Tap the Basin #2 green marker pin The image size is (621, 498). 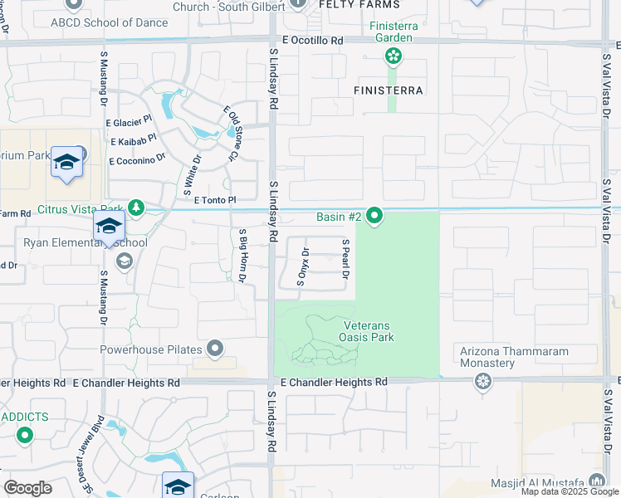click(374, 217)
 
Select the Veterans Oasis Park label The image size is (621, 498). click(366, 332)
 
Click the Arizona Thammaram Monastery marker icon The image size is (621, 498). click(482, 382)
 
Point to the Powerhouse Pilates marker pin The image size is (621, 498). click(216, 349)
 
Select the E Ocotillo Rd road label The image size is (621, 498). click(312, 40)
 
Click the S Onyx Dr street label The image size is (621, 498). click(302, 267)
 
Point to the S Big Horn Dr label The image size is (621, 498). click(242, 256)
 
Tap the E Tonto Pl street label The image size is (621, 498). click(215, 200)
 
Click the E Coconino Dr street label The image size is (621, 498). click(136, 158)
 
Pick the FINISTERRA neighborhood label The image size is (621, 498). click(389, 90)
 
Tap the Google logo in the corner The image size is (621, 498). click(27, 488)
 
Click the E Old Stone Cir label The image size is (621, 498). click(232, 133)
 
